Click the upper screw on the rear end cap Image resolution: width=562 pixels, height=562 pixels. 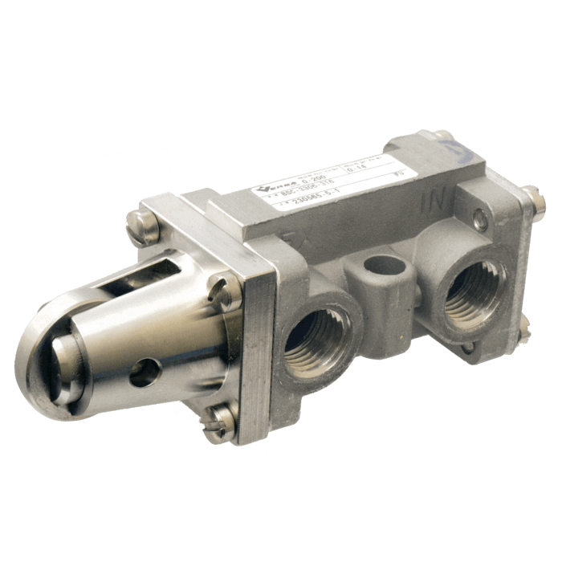pyautogui.click(x=530, y=195)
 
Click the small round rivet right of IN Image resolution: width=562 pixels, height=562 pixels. pyautogui.click(x=479, y=215)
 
